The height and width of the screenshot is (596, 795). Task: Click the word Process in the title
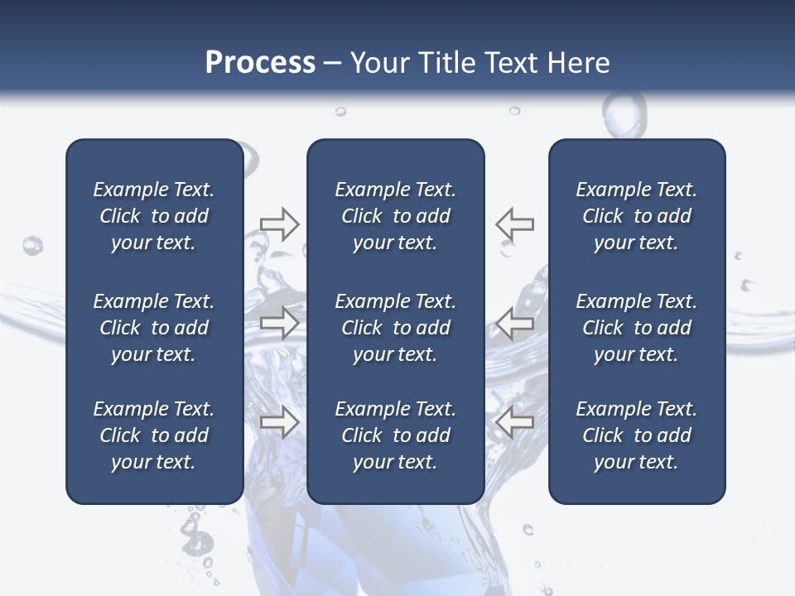pos(260,63)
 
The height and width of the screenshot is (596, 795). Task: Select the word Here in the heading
pos(578,63)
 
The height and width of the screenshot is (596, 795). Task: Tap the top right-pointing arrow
pos(279,224)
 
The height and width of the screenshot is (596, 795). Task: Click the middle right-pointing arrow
pos(279,323)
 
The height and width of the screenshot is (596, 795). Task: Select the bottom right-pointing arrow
pos(279,421)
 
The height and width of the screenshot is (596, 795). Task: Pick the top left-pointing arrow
pos(515,224)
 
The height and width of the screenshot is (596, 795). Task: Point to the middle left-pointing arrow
pos(515,323)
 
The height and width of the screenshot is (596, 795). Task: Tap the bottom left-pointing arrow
pos(515,421)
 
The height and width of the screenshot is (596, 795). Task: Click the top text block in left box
pos(154,216)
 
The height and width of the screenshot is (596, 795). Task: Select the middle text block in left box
pos(154,328)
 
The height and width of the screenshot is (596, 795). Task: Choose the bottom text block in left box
pos(154,435)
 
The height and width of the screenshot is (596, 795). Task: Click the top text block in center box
pos(395,216)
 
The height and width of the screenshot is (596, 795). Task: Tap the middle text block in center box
pos(395,328)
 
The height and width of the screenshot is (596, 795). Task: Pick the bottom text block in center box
pos(395,435)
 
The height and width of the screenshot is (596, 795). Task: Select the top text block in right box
pos(636,216)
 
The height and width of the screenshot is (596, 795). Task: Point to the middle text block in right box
pos(636,328)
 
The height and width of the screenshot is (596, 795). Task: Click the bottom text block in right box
pos(636,435)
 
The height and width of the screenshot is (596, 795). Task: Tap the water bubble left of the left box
pos(32,245)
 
